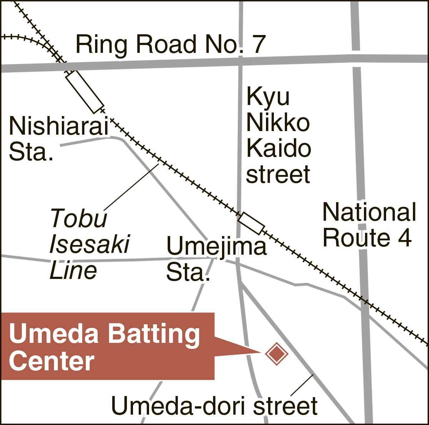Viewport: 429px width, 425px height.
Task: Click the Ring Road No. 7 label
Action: click(171, 44)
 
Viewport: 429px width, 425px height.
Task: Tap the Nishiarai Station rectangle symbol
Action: click(85, 91)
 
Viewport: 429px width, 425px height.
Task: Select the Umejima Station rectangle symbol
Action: click(252, 224)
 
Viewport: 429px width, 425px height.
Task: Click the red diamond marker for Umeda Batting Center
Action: click(276, 353)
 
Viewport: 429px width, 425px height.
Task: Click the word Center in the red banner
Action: click(51, 361)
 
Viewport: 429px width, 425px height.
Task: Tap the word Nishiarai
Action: click(59, 126)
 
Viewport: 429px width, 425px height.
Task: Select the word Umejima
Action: click(217, 247)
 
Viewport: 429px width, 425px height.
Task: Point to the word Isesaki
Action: click(89, 244)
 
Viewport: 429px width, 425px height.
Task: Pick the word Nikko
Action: click(278, 122)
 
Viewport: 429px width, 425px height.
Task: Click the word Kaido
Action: click(278, 149)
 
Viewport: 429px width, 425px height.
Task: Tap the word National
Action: click(369, 212)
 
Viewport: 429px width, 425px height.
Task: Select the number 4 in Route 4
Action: click(405, 238)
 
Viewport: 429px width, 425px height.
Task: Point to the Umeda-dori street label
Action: click(214, 406)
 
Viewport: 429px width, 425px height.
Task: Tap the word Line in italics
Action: click(73, 270)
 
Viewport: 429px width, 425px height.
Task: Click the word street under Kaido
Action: click(278, 175)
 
